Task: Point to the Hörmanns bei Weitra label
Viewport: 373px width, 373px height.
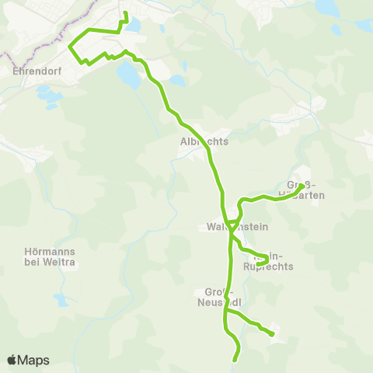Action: click(x=47, y=256)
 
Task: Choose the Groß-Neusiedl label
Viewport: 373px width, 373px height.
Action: click(x=221, y=297)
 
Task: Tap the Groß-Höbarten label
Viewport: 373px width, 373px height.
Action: click(x=310, y=190)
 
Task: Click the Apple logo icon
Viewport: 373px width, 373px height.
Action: click(x=12, y=360)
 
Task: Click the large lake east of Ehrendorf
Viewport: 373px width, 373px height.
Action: click(x=126, y=74)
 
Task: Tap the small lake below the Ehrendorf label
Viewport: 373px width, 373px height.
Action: click(x=50, y=97)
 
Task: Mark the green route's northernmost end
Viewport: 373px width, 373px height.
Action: click(x=125, y=13)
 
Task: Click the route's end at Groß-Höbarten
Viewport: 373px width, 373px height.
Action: click(x=301, y=185)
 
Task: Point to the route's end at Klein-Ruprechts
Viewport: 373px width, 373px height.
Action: click(x=258, y=265)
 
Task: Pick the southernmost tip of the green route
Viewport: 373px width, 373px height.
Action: click(x=235, y=359)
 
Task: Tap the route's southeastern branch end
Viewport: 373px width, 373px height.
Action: click(x=273, y=334)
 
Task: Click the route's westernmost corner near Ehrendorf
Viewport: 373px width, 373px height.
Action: click(x=70, y=47)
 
